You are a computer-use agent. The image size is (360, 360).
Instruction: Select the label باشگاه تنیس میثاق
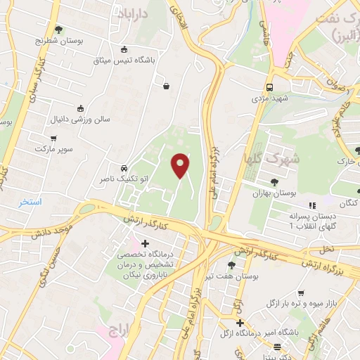(124, 60)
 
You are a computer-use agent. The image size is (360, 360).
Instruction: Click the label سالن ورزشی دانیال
(80, 119)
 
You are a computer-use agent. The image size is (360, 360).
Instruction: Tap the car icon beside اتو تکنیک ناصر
(124, 169)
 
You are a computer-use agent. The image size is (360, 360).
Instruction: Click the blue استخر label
(30, 202)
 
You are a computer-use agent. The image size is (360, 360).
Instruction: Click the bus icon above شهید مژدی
(270, 87)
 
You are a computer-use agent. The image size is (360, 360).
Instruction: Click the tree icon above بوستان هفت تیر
(231, 265)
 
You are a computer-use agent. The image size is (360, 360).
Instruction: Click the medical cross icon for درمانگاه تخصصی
(145, 243)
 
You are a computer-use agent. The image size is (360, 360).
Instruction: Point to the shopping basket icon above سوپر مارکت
(54, 138)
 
